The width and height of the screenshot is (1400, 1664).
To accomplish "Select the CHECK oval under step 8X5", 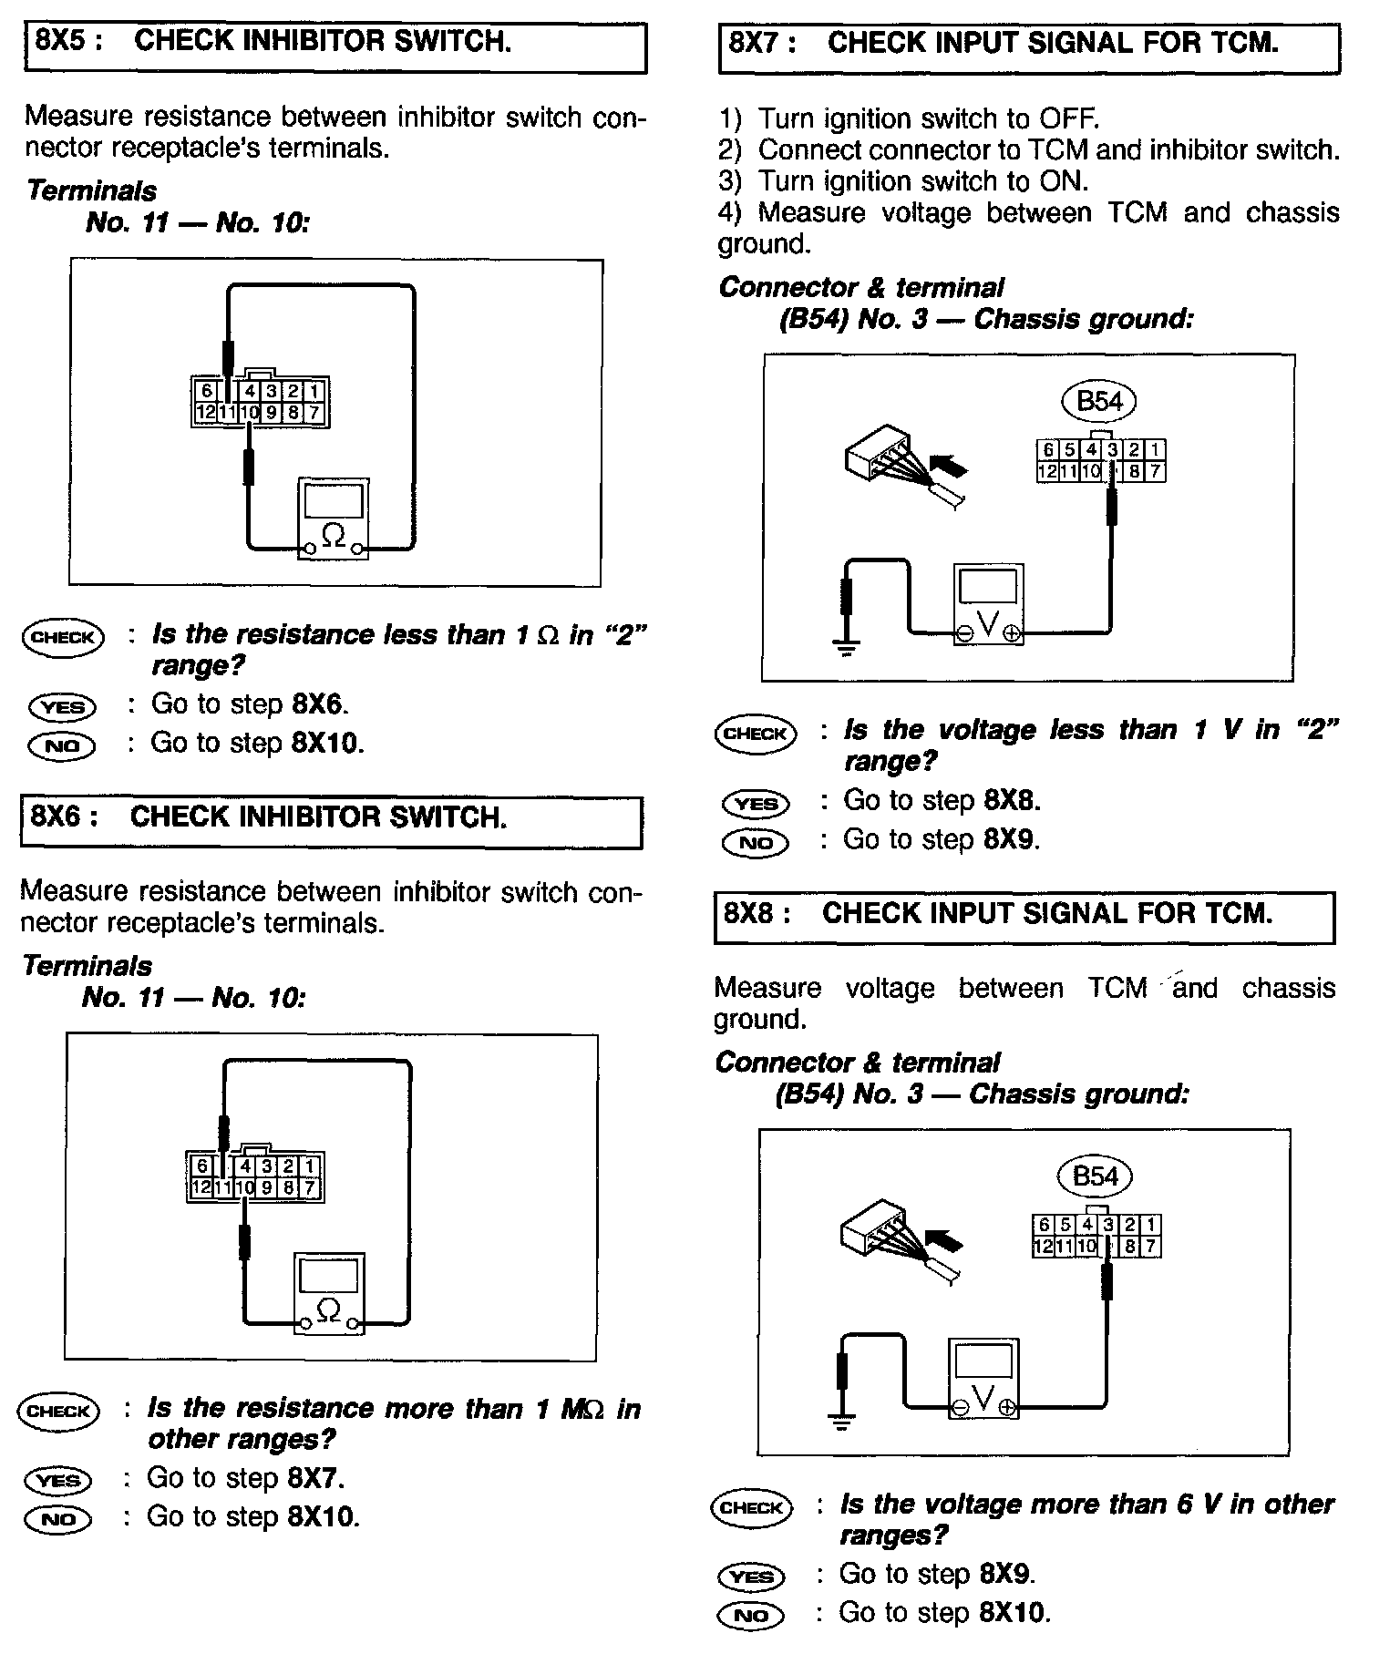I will (62, 637).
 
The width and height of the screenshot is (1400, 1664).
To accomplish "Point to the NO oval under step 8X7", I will (755, 842).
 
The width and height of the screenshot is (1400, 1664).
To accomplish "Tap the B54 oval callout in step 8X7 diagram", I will (1099, 401).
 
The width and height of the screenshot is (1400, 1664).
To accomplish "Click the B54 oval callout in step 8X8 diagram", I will (1095, 1176).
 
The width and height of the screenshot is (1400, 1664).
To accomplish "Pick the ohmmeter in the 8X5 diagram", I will (333, 519).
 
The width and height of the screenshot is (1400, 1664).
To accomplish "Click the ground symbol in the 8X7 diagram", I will (847, 649).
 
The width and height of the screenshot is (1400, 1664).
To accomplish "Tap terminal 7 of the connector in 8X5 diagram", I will (314, 413).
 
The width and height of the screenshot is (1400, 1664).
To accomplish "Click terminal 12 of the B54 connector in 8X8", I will (1043, 1246).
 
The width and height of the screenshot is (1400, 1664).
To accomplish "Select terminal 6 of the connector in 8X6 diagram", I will (202, 1166).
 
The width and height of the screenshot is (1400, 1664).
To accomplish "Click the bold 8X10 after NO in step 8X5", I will (326, 743).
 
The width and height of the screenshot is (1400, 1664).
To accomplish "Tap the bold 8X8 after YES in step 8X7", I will (1011, 800).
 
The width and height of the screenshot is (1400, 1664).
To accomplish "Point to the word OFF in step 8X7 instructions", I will (1067, 119).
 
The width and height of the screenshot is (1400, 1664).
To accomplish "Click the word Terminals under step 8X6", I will (87, 966).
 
